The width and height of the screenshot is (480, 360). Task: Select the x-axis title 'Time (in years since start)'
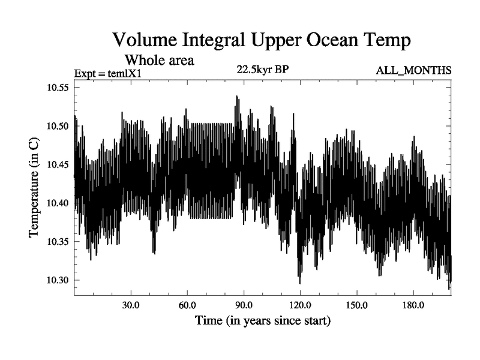262,321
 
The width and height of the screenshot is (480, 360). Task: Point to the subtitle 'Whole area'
159,60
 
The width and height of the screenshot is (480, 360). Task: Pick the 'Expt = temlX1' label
106,74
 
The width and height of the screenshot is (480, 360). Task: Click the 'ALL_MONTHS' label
413,71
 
